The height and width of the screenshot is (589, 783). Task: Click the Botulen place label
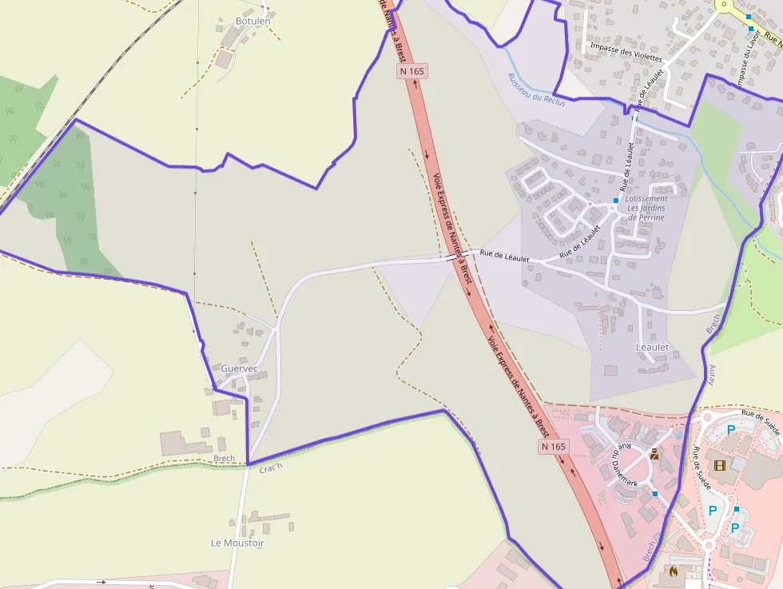click(252, 21)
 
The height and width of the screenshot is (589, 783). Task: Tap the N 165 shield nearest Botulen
click(412, 71)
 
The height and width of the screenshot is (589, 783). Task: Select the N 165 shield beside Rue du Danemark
click(552, 446)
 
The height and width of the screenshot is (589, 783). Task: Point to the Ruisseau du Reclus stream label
click(536, 90)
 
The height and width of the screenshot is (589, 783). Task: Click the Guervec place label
click(240, 368)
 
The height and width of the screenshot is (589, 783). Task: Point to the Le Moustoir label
click(237, 543)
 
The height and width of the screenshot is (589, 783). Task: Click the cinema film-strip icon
click(720, 464)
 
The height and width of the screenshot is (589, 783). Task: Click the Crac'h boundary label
click(271, 467)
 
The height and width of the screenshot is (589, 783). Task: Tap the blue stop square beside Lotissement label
click(616, 200)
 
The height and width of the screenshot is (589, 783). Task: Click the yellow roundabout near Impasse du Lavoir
click(725, 5)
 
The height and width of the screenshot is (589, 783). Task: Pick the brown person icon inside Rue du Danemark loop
click(654, 454)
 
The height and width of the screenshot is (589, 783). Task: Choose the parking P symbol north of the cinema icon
click(730, 429)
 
